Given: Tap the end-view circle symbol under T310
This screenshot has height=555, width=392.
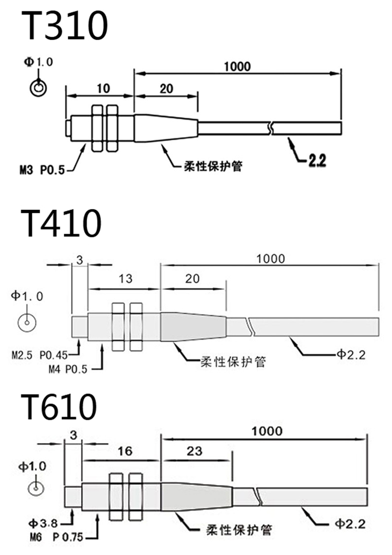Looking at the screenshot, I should (x=38, y=88).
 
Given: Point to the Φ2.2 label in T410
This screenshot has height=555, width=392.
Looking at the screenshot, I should (x=351, y=355).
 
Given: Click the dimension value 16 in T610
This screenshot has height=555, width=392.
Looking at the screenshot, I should (x=125, y=451).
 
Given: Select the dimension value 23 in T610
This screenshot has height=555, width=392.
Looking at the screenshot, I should (x=195, y=451).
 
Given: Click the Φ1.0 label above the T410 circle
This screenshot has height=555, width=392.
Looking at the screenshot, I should (x=27, y=296).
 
